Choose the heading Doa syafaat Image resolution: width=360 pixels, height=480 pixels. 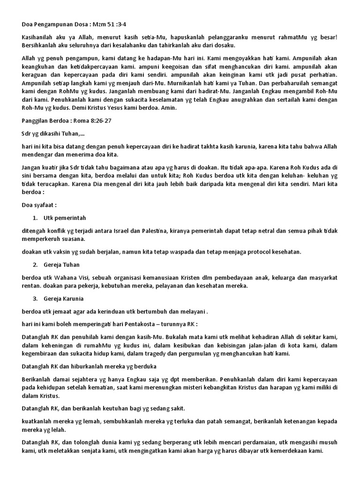coord(39,205)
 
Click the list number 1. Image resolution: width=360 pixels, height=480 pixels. coord(35,218)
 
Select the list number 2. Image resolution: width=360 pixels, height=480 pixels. coord(35,265)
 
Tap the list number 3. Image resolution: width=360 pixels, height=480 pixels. coord(35,299)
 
